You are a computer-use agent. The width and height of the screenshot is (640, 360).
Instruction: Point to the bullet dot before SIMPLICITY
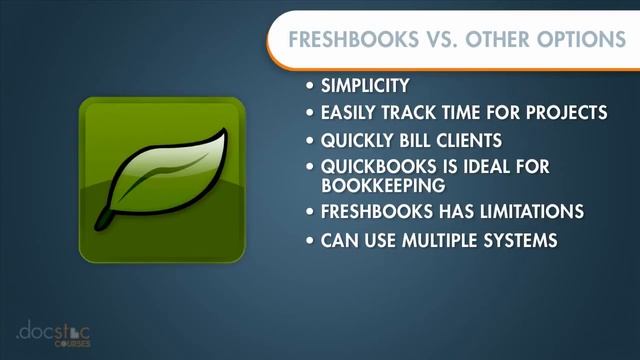click(312, 87)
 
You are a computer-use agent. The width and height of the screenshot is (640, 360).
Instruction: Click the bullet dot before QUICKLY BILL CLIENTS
click(312, 139)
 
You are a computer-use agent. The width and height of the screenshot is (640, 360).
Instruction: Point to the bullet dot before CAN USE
click(312, 241)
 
